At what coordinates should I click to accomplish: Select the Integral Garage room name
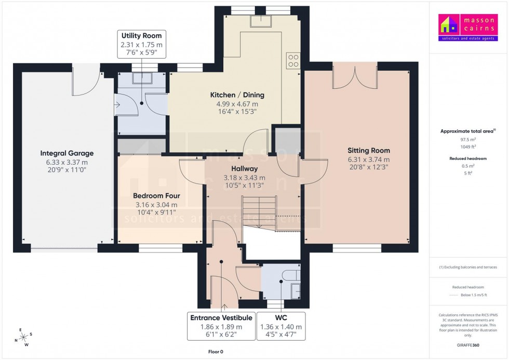click(x=67, y=153)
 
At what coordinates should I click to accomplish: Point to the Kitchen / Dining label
click(x=237, y=95)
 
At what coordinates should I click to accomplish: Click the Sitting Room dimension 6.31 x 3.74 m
click(x=368, y=159)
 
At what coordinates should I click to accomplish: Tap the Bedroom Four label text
click(x=156, y=196)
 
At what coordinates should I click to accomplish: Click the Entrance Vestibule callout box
click(x=221, y=326)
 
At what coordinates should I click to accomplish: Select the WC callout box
click(x=280, y=326)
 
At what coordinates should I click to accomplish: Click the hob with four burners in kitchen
click(x=293, y=61)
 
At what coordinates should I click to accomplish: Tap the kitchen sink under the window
click(x=258, y=20)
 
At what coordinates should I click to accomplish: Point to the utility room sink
click(x=142, y=78)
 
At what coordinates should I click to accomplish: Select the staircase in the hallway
click(x=262, y=210)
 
